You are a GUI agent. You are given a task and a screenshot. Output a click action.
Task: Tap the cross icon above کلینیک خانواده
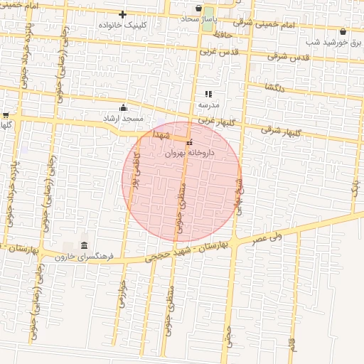click(123, 14)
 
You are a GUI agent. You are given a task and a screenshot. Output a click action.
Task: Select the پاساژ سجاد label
click(198, 18)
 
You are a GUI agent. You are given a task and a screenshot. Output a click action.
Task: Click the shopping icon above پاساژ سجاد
click(198, 9)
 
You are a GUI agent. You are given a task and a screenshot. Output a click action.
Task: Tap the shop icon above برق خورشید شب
click(343, 31)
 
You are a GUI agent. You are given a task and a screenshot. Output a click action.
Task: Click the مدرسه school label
click(208, 105)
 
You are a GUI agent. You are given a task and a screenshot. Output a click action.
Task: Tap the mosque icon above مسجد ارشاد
click(124, 108)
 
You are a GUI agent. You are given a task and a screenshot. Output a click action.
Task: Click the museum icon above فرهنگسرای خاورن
click(84, 246)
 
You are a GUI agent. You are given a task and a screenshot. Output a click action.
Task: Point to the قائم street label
click(291, 344)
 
